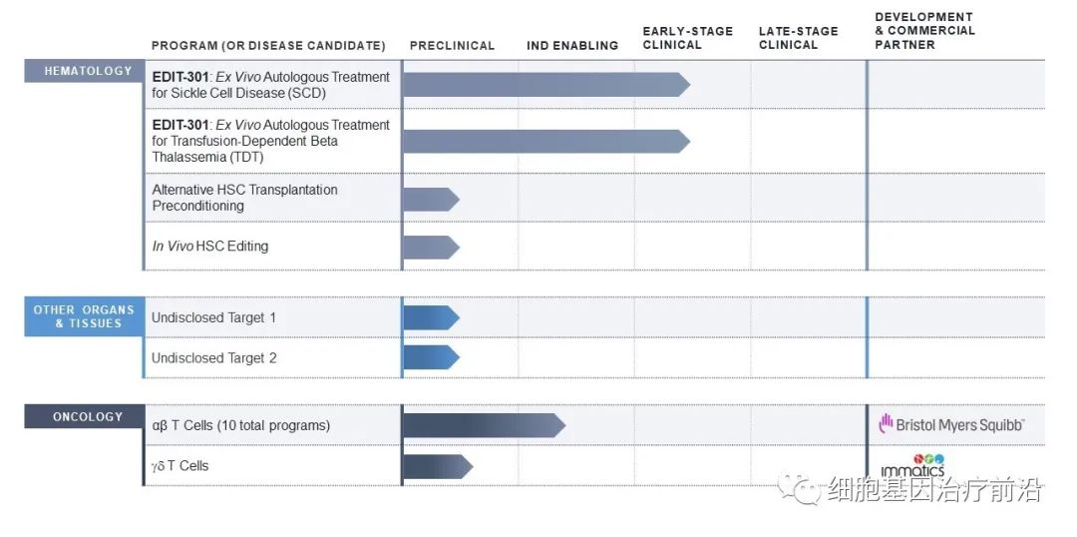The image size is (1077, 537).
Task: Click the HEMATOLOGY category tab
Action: click(x=88, y=71)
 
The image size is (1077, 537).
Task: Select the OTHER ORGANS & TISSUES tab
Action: click(x=84, y=316)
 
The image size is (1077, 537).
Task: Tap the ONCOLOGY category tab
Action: click(x=88, y=417)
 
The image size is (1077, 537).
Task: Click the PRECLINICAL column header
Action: click(x=452, y=46)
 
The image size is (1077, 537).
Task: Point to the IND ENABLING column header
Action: click(x=572, y=46)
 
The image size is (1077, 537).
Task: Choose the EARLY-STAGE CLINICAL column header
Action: click(x=687, y=38)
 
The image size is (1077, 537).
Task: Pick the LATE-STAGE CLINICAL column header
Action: click(x=798, y=38)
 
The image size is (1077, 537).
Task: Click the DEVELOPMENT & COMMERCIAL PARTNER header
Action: click(x=924, y=31)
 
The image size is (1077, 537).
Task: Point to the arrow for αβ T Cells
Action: click(x=484, y=425)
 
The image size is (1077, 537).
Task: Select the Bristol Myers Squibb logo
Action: click(x=951, y=425)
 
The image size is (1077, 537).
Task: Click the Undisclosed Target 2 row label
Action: click(x=214, y=357)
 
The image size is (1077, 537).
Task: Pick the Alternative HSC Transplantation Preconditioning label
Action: click(x=245, y=198)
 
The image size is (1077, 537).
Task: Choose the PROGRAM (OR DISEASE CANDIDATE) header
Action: click(x=268, y=46)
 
